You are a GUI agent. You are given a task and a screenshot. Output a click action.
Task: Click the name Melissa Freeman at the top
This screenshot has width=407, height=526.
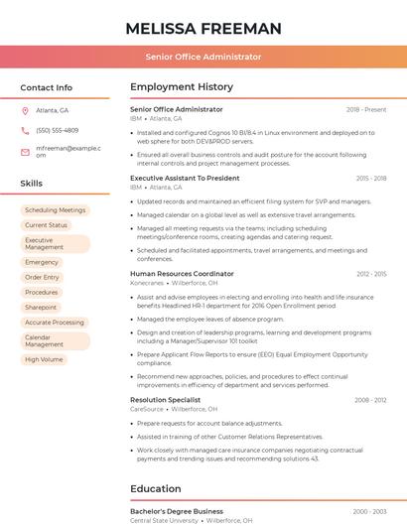click(203, 28)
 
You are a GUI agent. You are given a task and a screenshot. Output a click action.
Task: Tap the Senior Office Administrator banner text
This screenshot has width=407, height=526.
click(203, 57)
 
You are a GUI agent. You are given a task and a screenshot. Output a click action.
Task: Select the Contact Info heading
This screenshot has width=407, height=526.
click(47, 87)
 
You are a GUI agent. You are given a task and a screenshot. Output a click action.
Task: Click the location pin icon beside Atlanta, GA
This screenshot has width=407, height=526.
click(25, 110)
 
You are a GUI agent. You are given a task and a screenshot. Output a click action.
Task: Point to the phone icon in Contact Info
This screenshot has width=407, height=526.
click(25, 130)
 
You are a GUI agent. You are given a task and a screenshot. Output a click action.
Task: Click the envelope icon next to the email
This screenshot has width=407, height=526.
click(25, 152)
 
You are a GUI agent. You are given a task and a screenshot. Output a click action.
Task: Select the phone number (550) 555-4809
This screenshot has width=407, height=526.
click(58, 130)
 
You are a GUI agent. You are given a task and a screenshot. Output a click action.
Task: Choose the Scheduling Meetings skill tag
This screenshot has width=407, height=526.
click(55, 210)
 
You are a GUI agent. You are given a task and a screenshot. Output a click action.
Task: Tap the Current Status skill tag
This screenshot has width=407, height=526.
click(46, 225)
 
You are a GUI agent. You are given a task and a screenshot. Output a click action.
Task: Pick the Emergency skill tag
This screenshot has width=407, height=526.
click(42, 262)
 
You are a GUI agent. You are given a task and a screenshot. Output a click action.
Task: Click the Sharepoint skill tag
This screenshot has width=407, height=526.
click(41, 307)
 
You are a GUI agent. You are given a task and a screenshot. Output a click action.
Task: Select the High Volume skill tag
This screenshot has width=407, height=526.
click(44, 359)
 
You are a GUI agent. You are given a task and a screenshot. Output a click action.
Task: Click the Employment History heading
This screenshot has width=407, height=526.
click(182, 87)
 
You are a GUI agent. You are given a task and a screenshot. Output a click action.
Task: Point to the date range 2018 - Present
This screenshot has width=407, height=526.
click(366, 109)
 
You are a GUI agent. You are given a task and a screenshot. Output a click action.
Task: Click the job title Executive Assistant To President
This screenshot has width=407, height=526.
click(185, 178)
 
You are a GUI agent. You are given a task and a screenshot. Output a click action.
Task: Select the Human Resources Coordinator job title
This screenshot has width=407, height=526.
click(182, 273)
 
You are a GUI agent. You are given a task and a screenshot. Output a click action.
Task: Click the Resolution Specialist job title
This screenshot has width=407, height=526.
click(165, 399)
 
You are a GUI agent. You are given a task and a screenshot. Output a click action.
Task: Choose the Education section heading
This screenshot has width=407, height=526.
click(157, 488)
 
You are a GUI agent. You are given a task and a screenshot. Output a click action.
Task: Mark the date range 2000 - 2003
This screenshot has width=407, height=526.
click(369, 511)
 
